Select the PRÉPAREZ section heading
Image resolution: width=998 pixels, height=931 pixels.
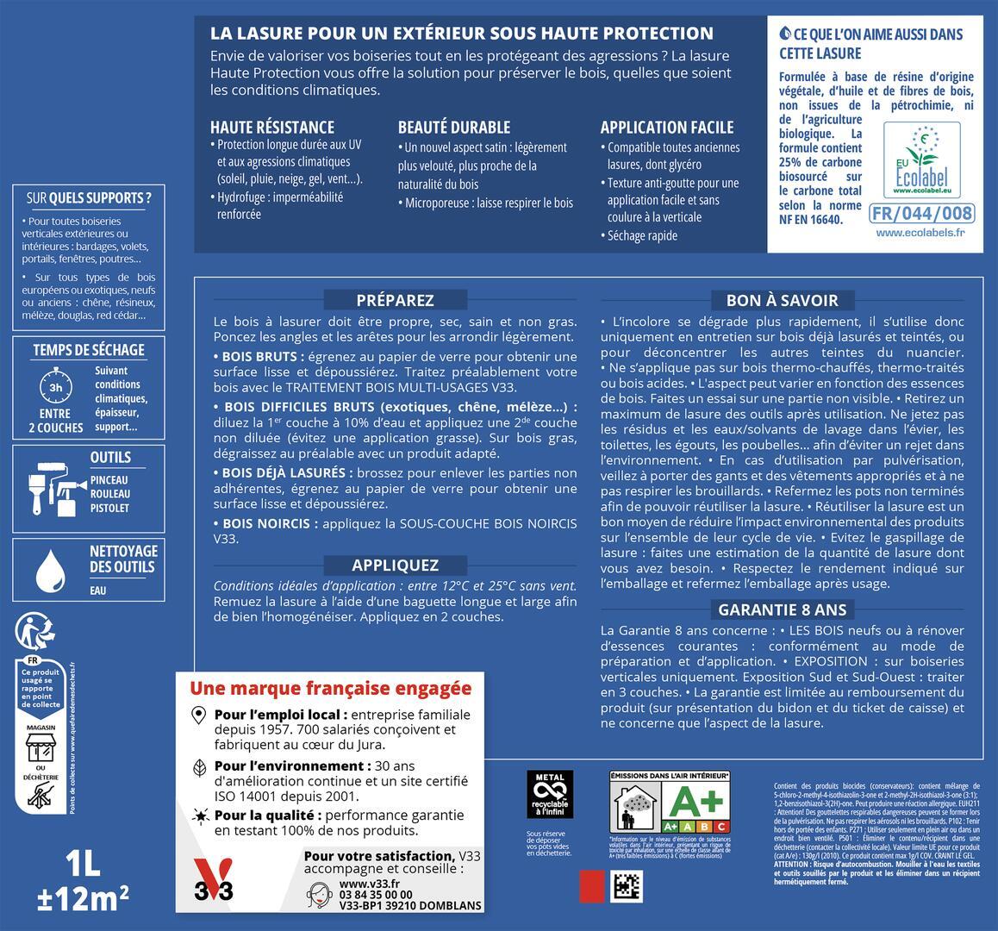[x=395, y=300]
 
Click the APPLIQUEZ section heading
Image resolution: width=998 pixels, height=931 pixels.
[x=395, y=565]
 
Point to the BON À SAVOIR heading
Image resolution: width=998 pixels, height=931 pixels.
[x=782, y=300]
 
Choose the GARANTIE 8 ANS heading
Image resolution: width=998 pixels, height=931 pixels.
[x=782, y=609]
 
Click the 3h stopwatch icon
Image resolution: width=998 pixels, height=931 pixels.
[x=55, y=386]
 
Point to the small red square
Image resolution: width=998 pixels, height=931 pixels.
[x=592, y=885]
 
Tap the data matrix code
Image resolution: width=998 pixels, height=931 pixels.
[x=627, y=885]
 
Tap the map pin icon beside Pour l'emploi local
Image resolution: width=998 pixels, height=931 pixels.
[x=199, y=715]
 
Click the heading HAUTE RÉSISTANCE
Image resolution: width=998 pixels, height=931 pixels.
[x=271, y=127]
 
